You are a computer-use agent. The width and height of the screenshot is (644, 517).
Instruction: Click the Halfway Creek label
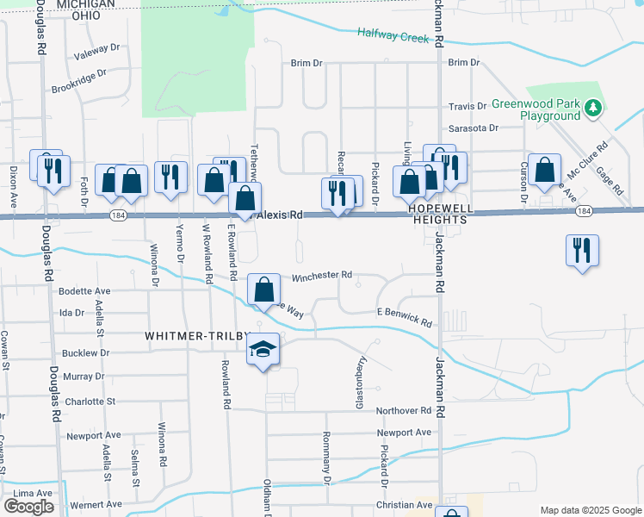[393, 36]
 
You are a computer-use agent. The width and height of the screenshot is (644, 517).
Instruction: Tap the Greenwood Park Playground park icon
[592, 109]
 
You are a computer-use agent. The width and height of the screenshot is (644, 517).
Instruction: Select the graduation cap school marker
[263, 349]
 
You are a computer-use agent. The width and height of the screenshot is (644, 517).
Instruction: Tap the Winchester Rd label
[322, 276]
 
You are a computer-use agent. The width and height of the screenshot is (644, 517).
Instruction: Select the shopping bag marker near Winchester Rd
[265, 290]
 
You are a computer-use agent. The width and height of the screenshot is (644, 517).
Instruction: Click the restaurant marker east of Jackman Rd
[583, 251]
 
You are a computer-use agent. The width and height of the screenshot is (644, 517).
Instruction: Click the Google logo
[28, 507]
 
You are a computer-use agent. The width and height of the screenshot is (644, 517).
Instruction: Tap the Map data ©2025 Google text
[590, 510]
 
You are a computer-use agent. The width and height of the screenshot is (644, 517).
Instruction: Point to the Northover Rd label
[403, 411]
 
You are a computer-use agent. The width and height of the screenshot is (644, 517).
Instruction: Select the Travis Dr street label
[468, 107]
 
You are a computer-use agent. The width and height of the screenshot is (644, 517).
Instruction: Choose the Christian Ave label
[404, 505]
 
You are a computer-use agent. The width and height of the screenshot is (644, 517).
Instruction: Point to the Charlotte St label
[90, 402]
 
